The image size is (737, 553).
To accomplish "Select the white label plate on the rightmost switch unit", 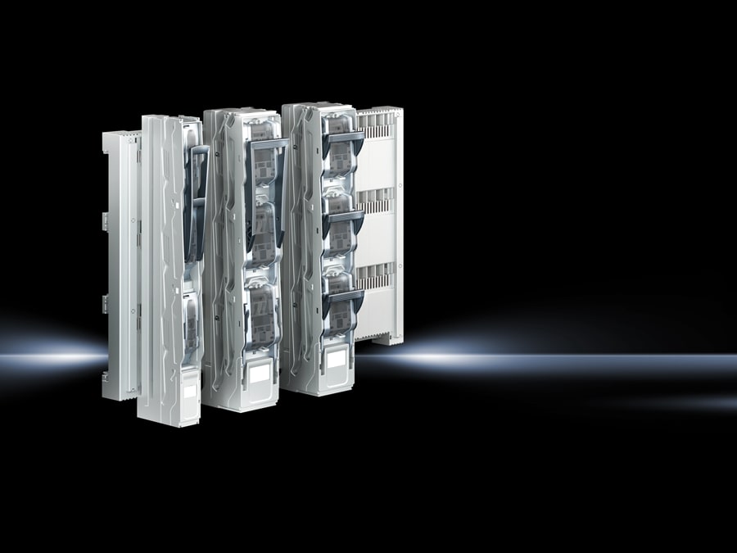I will point(335,360).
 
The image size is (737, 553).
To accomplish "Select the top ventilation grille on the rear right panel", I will point(376,123).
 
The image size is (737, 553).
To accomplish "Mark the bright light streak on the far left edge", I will point(41,357).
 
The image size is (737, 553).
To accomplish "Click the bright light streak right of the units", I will point(532,359).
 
